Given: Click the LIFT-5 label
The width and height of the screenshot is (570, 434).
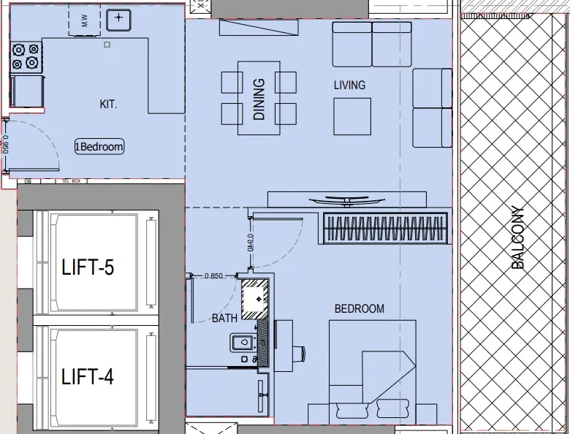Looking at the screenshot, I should click(88, 268).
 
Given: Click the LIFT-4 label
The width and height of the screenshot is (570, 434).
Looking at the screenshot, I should click(88, 377).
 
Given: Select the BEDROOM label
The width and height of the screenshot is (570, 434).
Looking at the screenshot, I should click(359, 309).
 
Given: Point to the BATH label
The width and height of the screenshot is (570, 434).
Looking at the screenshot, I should click(224, 319).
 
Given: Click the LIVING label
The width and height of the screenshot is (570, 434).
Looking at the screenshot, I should click(349, 85).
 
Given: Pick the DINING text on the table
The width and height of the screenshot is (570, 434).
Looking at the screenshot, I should click(259, 99).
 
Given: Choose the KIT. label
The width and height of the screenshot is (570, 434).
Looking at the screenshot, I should click(108, 104).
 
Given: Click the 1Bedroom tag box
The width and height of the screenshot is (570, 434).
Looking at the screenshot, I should click(99, 147).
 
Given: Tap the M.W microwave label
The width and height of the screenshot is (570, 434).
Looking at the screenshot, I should click(85, 23).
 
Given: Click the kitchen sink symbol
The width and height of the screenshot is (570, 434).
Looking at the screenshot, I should click(118, 19).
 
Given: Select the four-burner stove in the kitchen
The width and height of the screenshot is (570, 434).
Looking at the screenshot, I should click(26, 57).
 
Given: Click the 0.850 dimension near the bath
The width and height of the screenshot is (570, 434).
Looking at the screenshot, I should click(213, 276).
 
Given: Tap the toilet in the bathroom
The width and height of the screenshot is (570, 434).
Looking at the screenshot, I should click(243, 342).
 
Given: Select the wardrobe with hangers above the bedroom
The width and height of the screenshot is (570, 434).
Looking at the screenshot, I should click(384, 226).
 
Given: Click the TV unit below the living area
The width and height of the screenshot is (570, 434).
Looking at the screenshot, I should click(347, 199).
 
